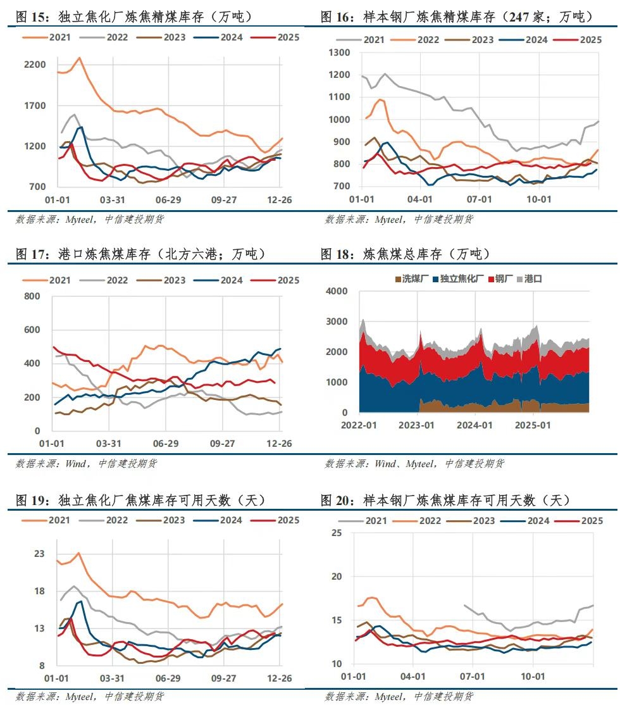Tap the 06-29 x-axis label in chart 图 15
tap(168, 199)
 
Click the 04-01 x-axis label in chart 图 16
tap(420, 199)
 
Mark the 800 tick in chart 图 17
tap(32, 296)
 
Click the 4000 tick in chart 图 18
tap(337, 291)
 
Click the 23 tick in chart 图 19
tap(40, 554)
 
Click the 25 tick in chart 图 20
tap(337, 533)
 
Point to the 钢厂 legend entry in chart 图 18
tap(504, 279)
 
